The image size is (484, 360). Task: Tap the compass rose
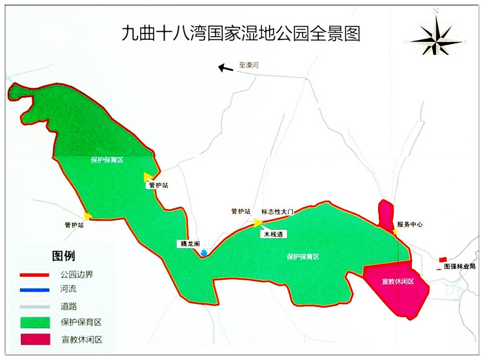(x=437, y=37)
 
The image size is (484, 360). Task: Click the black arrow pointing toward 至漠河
(x=225, y=67)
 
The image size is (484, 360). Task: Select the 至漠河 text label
(x=247, y=65)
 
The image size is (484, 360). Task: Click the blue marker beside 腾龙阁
(x=204, y=253)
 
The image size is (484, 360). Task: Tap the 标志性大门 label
(x=277, y=212)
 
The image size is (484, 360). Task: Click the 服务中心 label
(x=410, y=225)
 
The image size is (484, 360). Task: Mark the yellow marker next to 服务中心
(x=395, y=231)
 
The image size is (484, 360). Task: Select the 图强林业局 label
(x=459, y=266)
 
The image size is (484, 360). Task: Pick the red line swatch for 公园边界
(x=36, y=274)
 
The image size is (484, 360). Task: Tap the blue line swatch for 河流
(x=36, y=290)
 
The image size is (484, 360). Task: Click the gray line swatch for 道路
(x=36, y=306)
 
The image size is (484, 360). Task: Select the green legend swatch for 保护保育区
(x=36, y=322)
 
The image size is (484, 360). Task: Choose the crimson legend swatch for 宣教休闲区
(x=36, y=339)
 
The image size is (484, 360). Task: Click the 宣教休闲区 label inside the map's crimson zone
(x=398, y=282)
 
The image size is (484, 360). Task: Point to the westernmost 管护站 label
(x=74, y=225)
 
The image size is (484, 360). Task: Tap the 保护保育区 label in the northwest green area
(x=106, y=159)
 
